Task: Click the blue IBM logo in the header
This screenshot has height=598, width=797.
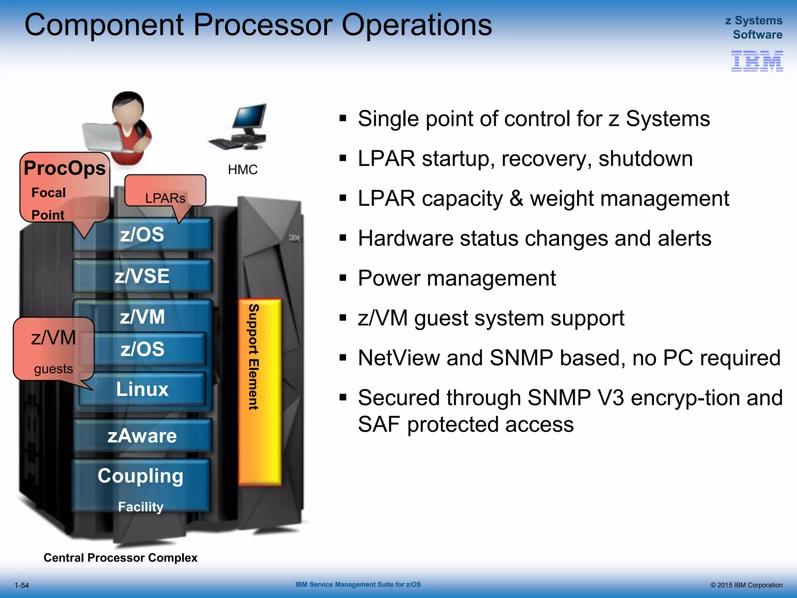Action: point(757,61)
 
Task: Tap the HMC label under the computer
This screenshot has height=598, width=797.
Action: point(242,170)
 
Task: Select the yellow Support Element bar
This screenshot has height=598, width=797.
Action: point(260,392)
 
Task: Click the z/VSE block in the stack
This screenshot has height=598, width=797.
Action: point(142,276)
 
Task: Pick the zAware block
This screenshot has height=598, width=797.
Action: point(142,436)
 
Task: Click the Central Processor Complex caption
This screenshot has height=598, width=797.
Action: point(120,558)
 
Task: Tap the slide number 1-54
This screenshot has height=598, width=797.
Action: point(22,585)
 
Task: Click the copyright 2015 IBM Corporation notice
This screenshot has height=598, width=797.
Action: point(746,585)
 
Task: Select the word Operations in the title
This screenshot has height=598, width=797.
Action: point(416,25)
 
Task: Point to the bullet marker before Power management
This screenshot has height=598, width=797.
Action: point(342,278)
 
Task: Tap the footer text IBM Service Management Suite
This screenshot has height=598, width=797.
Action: point(358,584)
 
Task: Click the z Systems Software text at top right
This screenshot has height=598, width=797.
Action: point(754,27)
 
